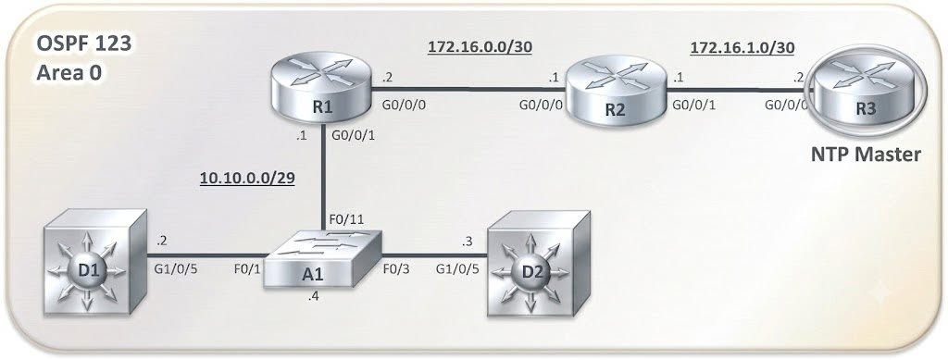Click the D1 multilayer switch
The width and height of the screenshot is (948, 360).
96,261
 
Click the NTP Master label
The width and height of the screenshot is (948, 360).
866,155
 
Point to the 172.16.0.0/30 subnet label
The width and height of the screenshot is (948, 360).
480,48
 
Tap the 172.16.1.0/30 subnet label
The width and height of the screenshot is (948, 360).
742,48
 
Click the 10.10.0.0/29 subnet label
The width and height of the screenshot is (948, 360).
247,180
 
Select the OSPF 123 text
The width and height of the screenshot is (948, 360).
84,44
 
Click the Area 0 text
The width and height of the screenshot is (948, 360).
69,72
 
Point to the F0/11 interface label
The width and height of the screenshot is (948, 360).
346,219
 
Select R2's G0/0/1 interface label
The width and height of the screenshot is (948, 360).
693,105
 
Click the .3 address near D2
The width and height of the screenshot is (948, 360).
466,241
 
